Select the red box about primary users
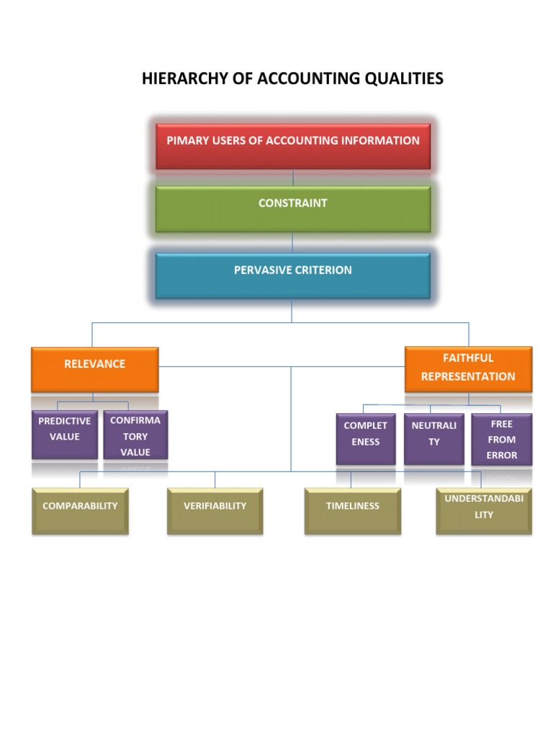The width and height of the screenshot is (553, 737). [x=293, y=146]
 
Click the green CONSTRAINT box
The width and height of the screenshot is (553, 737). [x=293, y=209]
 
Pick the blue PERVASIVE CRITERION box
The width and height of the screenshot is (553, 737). [x=293, y=276]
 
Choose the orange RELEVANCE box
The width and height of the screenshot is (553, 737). [x=94, y=369]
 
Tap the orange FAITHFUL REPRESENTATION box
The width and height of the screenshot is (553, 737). [x=468, y=368]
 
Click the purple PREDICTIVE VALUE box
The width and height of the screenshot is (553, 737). [x=65, y=434]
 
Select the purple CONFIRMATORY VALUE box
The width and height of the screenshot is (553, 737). [x=135, y=435]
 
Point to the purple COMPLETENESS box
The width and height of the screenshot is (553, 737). [x=366, y=438]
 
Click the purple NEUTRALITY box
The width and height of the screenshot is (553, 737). [x=433, y=438]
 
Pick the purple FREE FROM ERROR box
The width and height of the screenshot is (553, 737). [x=502, y=438]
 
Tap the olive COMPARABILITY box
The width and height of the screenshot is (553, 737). [x=80, y=510]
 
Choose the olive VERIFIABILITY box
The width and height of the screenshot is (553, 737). [x=215, y=510]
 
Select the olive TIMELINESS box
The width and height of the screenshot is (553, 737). [x=352, y=510]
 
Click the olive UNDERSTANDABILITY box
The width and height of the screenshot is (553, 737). [x=484, y=510]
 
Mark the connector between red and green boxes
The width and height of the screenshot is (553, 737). [x=293, y=178]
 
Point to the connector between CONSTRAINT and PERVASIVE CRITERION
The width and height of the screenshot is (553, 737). [x=293, y=243]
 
